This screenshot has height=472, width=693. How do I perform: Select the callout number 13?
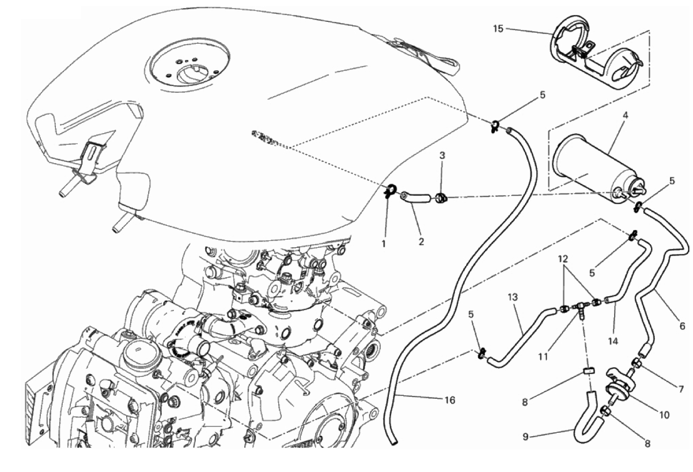coord(513,297)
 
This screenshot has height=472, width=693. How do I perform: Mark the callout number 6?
coord(683,326)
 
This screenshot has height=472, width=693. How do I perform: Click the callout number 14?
coord(612,342)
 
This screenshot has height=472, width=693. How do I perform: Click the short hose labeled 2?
coord(417,199)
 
